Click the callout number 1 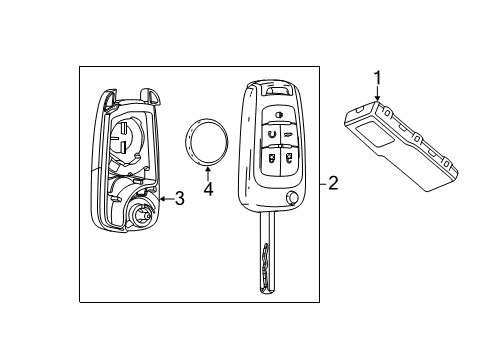[x=377, y=75]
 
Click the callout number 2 [x=333, y=183]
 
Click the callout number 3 [x=180, y=199]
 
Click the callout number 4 [x=208, y=188]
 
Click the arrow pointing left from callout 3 [x=165, y=199]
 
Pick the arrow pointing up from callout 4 [x=208, y=173]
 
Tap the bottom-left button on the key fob [x=270, y=155]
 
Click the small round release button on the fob [x=291, y=198]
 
